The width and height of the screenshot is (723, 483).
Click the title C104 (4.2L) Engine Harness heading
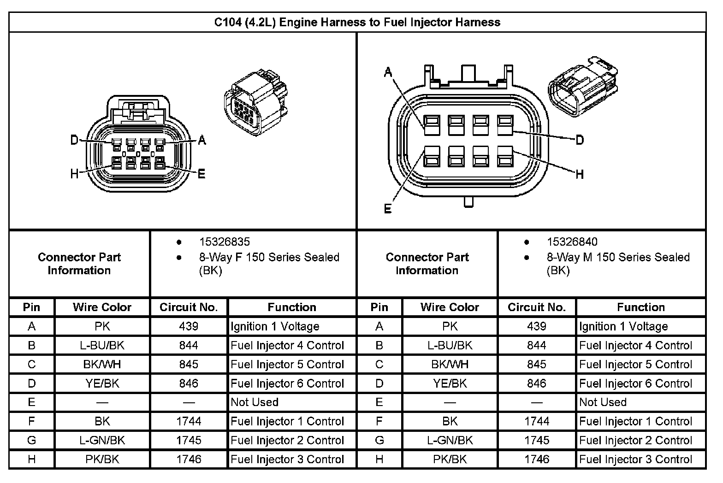357,22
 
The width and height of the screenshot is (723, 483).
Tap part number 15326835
224,242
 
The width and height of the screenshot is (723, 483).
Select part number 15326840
572,242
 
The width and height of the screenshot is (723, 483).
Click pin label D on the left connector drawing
74,140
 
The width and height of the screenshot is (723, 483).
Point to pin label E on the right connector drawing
388,209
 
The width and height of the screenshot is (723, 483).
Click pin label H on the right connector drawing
580,174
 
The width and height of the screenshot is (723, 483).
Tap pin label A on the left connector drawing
201,141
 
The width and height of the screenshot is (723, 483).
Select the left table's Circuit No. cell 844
189,346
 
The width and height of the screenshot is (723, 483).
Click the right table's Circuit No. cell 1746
537,459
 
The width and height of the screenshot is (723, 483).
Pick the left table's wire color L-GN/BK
102,441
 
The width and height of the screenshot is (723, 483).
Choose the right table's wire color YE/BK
450,383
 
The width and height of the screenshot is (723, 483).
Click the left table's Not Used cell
255,402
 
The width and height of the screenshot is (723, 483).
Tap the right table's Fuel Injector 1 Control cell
635,421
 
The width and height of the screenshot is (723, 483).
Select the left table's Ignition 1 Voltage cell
275,327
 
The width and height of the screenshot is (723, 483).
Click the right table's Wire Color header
450,307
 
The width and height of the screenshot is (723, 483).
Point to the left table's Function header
292,307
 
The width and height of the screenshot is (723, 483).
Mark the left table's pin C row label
31,365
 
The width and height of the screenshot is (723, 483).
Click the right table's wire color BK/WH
450,365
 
